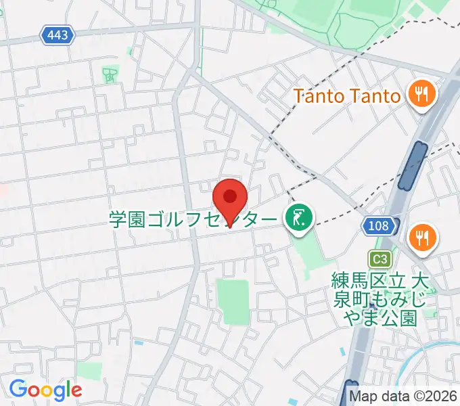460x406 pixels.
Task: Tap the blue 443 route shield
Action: pyautogui.click(x=57, y=35)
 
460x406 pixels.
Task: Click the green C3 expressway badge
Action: pyautogui.click(x=379, y=258)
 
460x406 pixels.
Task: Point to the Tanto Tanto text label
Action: pyautogui.click(x=346, y=95)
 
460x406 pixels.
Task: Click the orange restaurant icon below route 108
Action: pyautogui.click(x=423, y=238)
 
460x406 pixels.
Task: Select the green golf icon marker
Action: pyautogui.click(x=298, y=218)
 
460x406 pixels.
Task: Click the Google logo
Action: pyautogui.click(x=45, y=390)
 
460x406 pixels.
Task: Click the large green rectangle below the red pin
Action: pyautogui.click(x=232, y=300)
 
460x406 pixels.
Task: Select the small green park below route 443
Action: pyautogui.click(x=110, y=74)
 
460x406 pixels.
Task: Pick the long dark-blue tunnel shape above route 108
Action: pyautogui.click(x=412, y=166)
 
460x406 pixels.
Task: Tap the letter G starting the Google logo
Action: pyautogui.click(x=18, y=390)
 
